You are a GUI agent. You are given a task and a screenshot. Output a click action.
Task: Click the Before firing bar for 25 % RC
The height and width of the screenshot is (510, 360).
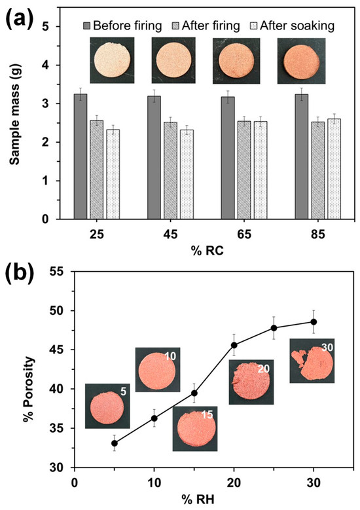click(81, 156)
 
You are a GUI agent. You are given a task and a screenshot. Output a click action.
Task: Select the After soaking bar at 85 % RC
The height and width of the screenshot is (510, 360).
click(334, 169)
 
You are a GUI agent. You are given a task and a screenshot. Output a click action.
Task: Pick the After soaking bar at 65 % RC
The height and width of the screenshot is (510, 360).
click(261, 170)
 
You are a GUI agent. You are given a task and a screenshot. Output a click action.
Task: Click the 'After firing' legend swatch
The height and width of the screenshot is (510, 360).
click(177, 26)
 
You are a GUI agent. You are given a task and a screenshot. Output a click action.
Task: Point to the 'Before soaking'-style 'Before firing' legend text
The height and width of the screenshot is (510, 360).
click(127, 26)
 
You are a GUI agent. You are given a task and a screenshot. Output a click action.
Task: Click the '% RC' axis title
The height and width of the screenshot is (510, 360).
click(207, 251)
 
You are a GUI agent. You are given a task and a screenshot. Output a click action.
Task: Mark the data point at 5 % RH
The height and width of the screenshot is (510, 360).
click(114, 443)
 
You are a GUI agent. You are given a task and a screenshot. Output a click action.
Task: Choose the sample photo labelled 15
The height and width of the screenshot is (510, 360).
click(195, 428)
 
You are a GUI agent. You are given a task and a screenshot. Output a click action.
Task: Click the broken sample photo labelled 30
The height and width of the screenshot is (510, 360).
click(312, 360)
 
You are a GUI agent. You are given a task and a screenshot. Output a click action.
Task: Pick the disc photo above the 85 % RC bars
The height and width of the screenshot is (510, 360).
click(301, 60)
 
